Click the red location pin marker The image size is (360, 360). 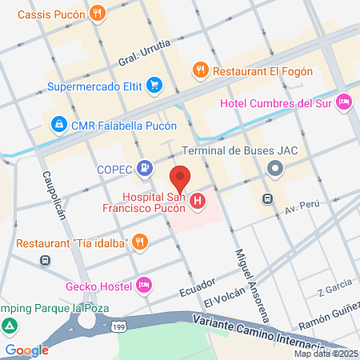click(180, 178)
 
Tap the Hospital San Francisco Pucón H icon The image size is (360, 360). click(197, 203)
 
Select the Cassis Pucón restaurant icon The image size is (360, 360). click(97, 13)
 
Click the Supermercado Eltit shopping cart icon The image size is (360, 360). click(154, 83)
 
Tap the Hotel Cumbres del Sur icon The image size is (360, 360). click(344, 101)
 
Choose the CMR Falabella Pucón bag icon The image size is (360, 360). click(58, 124)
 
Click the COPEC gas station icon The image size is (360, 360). click(145, 167)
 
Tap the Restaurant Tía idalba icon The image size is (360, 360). click(140, 241)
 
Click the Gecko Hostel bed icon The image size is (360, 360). click(145, 285)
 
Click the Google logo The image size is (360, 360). click(26, 350)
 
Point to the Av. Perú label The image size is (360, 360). click(302, 206)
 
